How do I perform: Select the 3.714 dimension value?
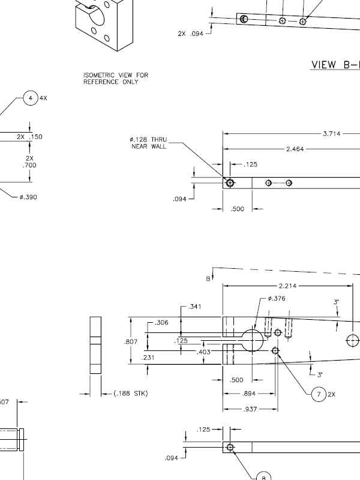click(x=332, y=134)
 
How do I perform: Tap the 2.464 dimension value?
click(x=295, y=149)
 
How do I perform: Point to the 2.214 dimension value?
click(x=287, y=286)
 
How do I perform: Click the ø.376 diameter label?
click(x=277, y=298)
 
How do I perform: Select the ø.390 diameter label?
click(x=28, y=197)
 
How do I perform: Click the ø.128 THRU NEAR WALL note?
click(x=148, y=143)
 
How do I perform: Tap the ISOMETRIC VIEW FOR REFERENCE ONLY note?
click(x=116, y=79)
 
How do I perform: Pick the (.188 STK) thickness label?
click(x=131, y=394)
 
